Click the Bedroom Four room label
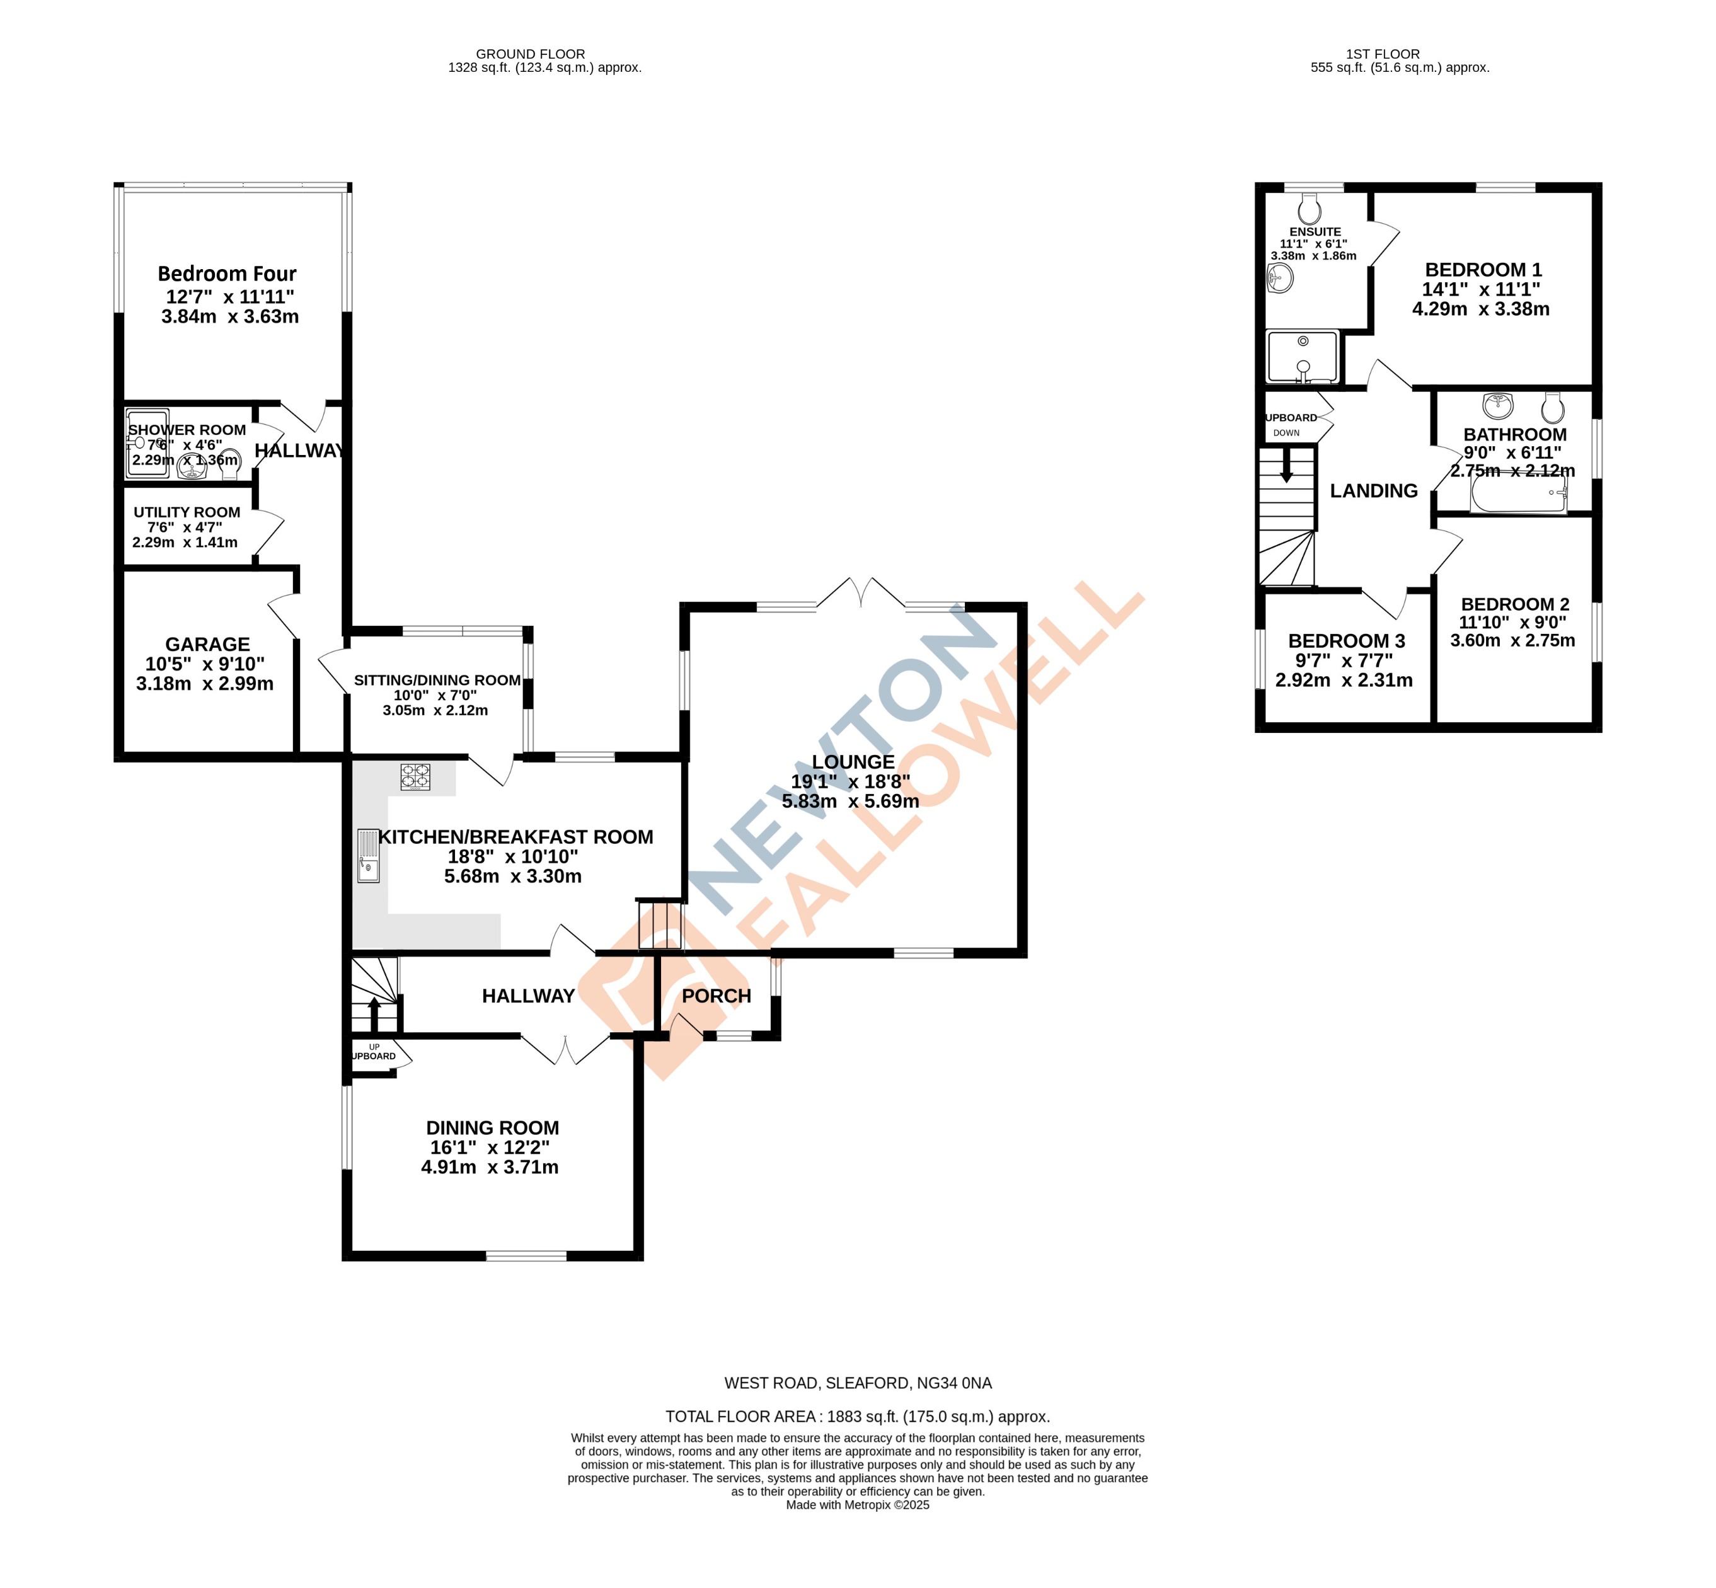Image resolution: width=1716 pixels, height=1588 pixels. pyautogui.click(x=227, y=274)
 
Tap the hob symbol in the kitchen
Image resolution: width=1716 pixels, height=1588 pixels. pyautogui.click(x=415, y=777)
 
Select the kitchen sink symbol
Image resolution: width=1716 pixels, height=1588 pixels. pyautogui.click(x=369, y=855)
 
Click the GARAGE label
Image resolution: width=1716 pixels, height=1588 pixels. pyautogui.click(x=207, y=645)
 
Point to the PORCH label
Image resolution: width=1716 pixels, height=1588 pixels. pyautogui.click(x=716, y=996)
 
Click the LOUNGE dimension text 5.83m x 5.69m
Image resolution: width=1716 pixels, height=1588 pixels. pyautogui.click(x=850, y=802)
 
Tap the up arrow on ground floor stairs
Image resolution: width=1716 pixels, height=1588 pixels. pyautogui.click(x=374, y=1004)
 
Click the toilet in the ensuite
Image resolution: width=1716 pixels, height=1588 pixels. pyautogui.click(x=1310, y=208)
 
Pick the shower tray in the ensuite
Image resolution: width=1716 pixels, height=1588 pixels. pyautogui.click(x=1302, y=357)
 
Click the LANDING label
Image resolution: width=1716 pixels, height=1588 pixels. pyautogui.click(x=1373, y=491)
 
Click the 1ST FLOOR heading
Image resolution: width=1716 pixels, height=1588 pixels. pyautogui.click(x=1383, y=54)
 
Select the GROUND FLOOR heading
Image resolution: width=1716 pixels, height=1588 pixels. pyautogui.click(x=530, y=54)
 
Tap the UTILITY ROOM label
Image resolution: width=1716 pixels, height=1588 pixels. pyautogui.click(x=187, y=512)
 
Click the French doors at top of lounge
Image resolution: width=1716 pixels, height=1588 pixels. pyautogui.click(x=860, y=593)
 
